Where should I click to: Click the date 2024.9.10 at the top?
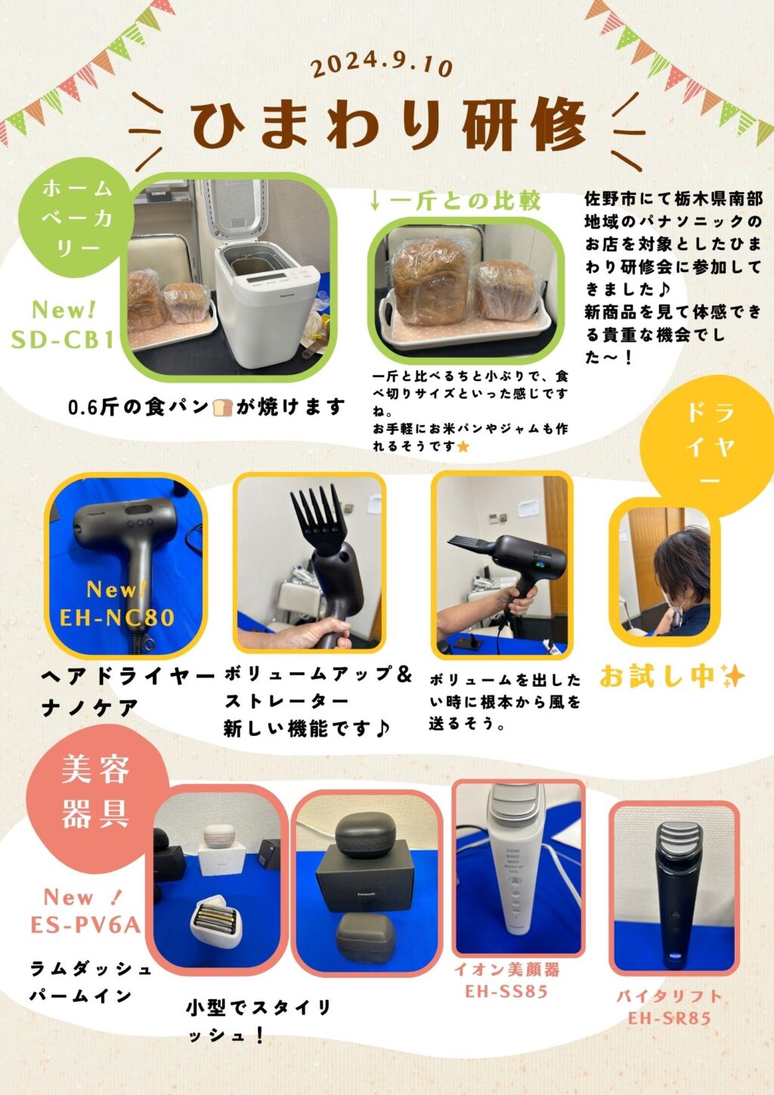click(382, 65)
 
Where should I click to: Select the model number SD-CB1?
click(63, 340)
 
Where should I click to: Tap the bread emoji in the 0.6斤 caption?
click(222, 407)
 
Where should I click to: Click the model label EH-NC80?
click(117, 617)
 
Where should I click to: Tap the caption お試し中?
click(672, 677)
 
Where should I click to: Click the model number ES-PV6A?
click(86, 925)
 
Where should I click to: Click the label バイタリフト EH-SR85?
click(669, 1007)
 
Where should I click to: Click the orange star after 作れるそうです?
click(463, 446)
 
